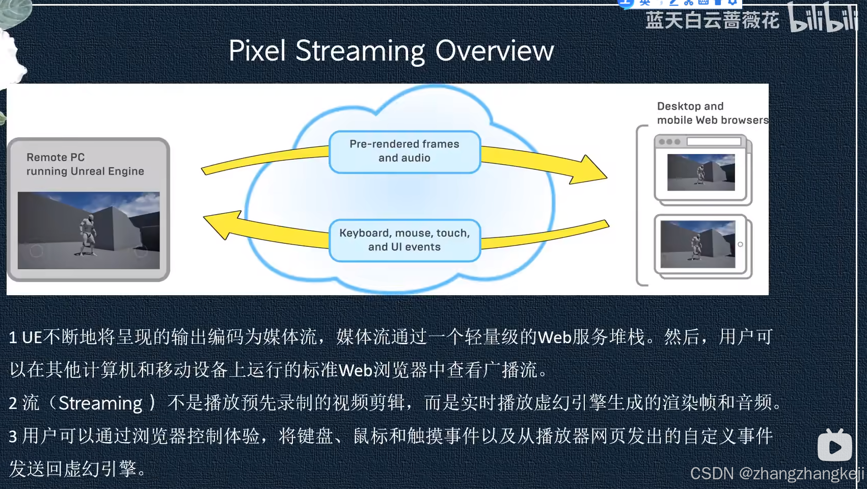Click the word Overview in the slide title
(494, 50)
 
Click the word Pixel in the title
(257, 50)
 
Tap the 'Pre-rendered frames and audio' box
(404, 151)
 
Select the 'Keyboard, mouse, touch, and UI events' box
(404, 240)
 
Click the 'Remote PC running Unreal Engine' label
(85, 164)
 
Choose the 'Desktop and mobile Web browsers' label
(712, 113)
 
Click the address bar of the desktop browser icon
(714, 141)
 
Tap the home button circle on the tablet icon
(740, 244)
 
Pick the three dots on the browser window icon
(669, 142)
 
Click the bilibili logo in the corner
(822, 18)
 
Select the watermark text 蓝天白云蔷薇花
(712, 21)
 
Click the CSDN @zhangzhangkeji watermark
(776, 474)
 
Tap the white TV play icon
(834, 446)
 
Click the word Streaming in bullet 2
(100, 403)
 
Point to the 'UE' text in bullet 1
(32, 338)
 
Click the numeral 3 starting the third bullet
(13, 437)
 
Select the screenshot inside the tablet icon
(698, 244)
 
